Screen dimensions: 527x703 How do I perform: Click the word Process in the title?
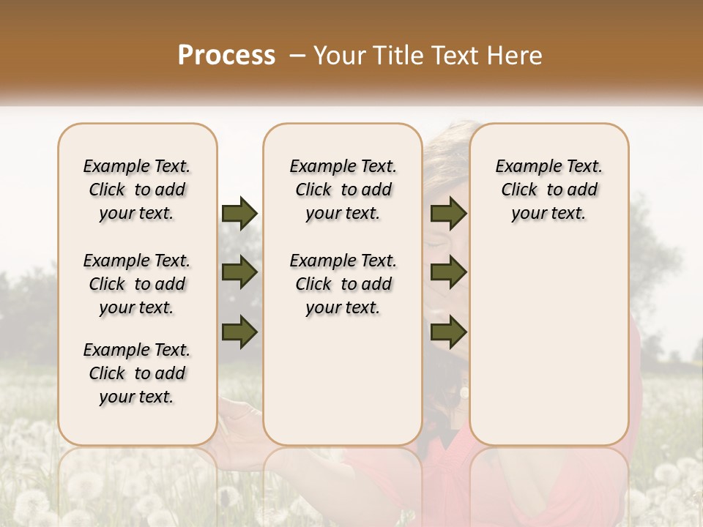click(226, 55)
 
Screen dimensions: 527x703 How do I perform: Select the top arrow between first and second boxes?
click(239, 214)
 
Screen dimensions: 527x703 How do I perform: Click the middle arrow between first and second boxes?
click(239, 273)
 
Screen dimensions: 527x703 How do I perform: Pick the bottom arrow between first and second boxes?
click(239, 332)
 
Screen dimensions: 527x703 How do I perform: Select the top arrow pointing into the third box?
click(448, 214)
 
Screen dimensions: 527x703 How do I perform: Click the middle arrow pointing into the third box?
click(448, 273)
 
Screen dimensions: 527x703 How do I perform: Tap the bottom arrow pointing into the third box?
click(448, 332)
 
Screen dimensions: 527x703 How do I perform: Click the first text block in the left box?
click(137, 190)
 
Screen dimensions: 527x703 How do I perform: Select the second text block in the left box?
click(137, 284)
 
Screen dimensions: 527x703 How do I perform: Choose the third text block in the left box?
click(137, 373)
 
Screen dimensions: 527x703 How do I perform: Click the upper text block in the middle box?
click(343, 190)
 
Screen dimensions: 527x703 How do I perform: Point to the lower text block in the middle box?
click(343, 284)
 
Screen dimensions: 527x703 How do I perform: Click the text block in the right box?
click(548, 190)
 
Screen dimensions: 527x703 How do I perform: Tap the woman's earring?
click(464, 394)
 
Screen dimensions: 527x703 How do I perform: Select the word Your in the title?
click(341, 56)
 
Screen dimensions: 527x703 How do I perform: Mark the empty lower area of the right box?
click(548, 344)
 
